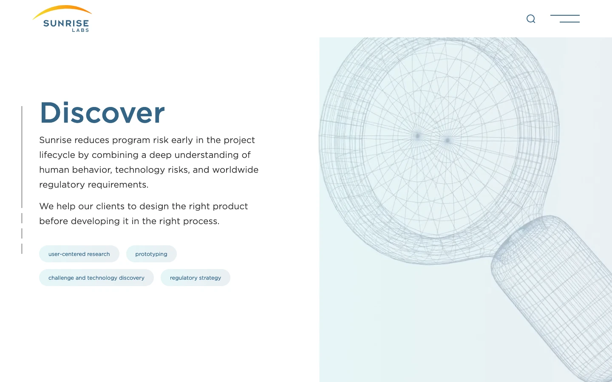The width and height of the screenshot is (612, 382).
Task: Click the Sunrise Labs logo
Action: [62, 19]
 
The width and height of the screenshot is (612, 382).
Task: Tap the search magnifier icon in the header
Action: [530, 19]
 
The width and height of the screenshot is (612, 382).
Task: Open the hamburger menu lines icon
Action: [565, 19]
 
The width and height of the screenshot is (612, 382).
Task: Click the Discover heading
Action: [102, 112]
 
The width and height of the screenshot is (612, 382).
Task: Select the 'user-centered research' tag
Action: [79, 254]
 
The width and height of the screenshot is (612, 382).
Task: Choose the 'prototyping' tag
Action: [151, 254]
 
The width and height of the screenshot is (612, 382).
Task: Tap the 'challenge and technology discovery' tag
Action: [96, 278]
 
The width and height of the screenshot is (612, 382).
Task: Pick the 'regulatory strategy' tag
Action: [195, 278]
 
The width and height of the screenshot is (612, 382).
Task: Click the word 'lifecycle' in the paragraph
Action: [57, 155]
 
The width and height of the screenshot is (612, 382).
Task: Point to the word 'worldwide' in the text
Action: [235, 170]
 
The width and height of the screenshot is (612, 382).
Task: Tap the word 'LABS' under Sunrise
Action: [80, 30]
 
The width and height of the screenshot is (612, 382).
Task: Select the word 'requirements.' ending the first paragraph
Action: [118, 185]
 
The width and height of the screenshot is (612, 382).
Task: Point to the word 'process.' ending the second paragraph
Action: [201, 221]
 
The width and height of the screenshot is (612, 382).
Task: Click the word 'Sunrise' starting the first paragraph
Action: [55, 140]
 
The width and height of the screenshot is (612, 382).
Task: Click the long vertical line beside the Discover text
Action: [22, 157]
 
